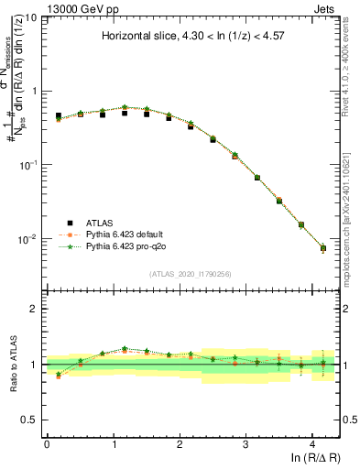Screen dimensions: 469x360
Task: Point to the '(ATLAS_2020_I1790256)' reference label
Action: tap(191, 274)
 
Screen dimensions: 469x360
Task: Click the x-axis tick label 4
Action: tap(312, 443)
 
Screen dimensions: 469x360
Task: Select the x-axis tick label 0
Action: tap(47, 443)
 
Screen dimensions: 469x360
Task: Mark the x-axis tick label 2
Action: tap(180, 443)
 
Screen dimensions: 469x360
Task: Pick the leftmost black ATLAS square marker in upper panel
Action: tap(59, 116)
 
